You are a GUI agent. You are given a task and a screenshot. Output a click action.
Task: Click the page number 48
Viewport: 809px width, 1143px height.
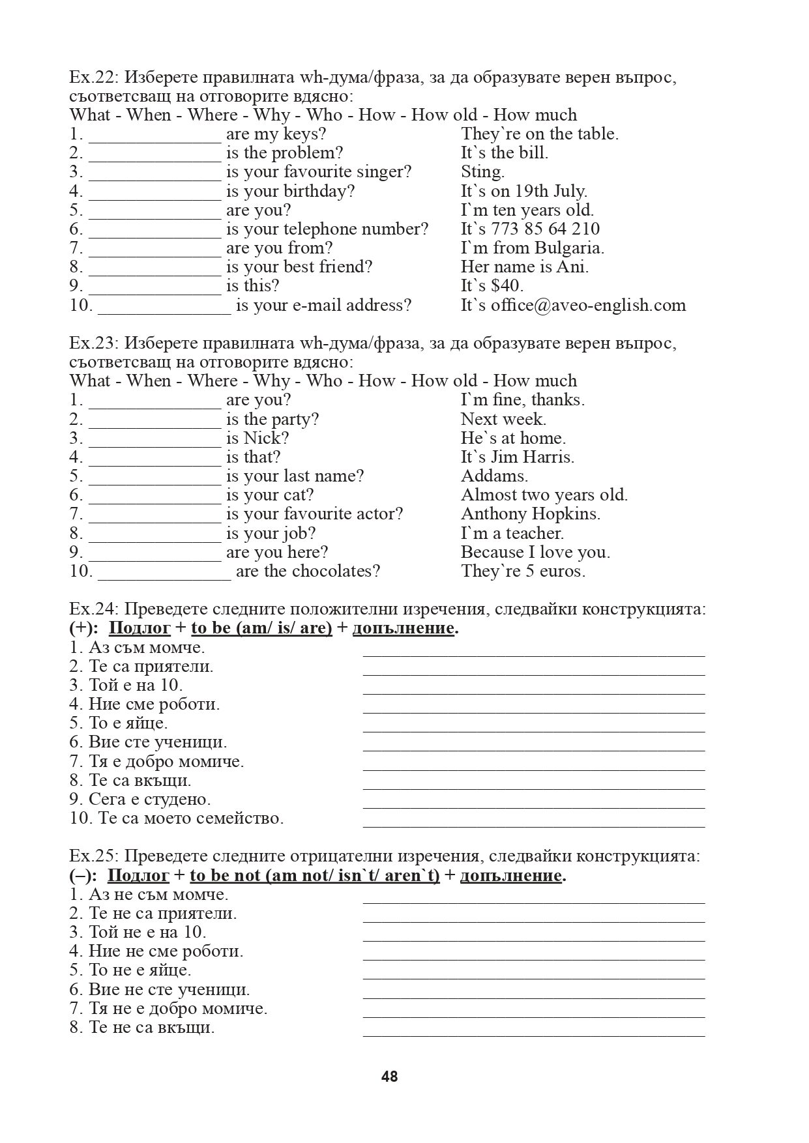[389, 1076]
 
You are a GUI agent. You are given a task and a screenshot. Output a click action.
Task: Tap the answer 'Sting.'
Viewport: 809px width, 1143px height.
[482, 172]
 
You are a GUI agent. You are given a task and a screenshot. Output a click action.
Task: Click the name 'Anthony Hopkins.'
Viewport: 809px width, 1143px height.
[530, 514]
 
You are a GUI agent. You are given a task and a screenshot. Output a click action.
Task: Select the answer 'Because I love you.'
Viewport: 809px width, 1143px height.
[535, 553]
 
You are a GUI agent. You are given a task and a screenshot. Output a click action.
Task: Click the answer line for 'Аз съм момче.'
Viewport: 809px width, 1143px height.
[533, 652]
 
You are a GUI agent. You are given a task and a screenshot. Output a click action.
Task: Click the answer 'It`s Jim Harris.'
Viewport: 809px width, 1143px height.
[517, 457]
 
